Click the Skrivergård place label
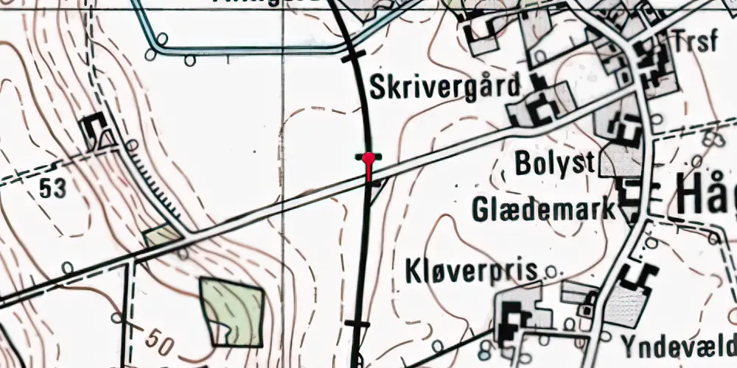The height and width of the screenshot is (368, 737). click(444, 88)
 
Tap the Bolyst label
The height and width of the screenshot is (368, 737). click(554, 163)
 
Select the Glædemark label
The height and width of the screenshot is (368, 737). click(544, 209)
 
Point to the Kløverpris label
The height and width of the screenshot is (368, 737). click(471, 272)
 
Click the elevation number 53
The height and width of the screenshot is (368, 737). click(54, 188)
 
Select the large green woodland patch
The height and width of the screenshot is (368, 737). click(233, 311)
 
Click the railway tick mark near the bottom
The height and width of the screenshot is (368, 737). click(357, 323)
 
